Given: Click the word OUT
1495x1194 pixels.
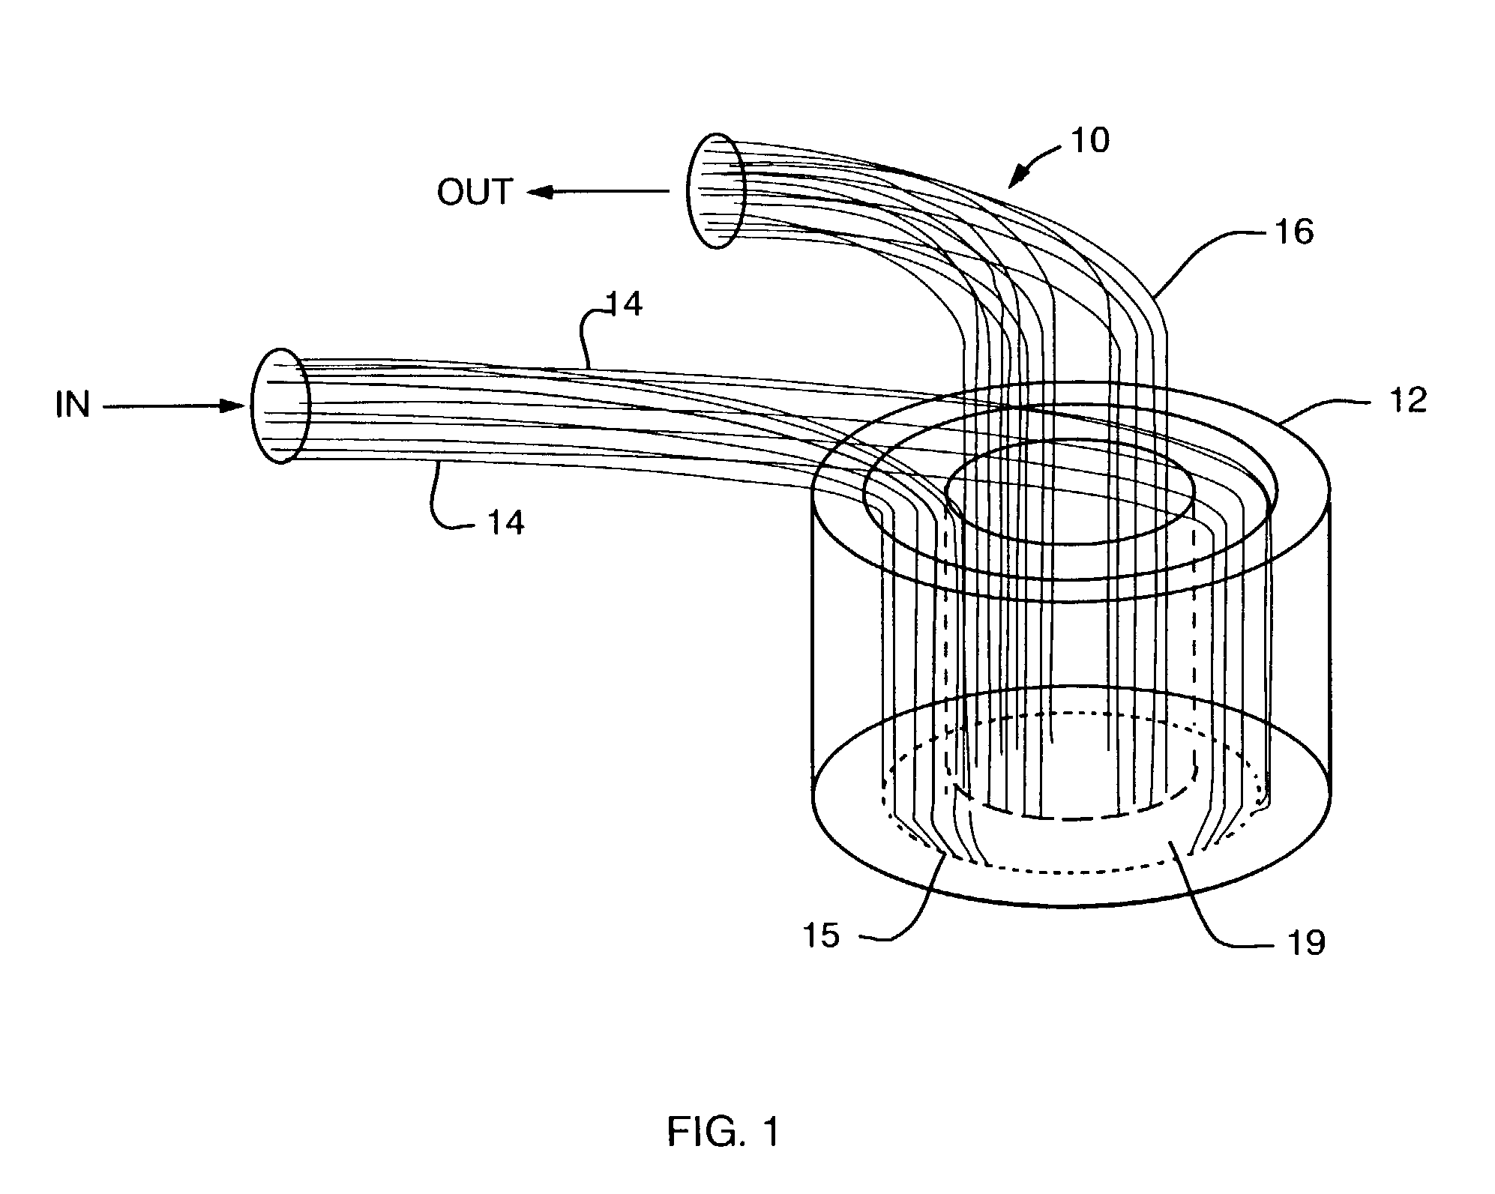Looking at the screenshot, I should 475,192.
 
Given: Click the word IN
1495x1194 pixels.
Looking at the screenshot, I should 73,405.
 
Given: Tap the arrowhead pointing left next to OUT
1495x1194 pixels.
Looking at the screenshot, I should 538,192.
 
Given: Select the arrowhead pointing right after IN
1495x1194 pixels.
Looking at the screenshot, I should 235,406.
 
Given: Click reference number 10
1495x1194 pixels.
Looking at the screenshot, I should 1090,140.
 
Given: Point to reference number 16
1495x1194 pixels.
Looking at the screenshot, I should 1293,232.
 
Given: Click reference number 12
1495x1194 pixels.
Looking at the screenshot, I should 1407,401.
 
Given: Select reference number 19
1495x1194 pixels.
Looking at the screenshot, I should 1305,942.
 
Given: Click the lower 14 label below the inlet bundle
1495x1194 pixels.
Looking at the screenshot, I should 506,522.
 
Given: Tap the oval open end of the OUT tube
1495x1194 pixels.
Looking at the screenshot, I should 716,190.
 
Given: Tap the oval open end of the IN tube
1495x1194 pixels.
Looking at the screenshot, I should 280,405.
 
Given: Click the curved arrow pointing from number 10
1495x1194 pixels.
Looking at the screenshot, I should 1035,165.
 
